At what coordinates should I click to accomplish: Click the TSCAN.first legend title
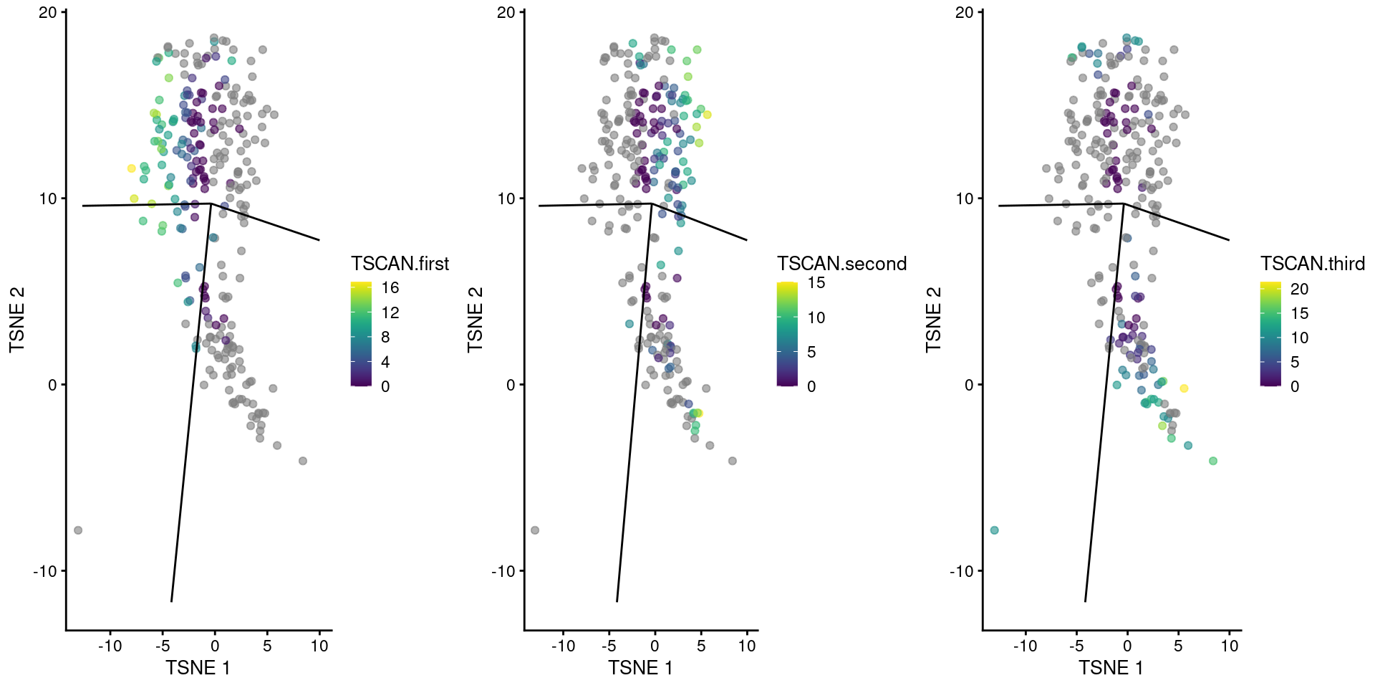click(x=400, y=264)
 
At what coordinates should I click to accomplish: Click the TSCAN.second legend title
click(x=841, y=264)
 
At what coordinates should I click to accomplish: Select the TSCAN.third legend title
click(x=1312, y=264)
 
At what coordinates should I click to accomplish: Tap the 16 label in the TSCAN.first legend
click(x=390, y=288)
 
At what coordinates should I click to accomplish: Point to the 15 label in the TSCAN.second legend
click(x=816, y=283)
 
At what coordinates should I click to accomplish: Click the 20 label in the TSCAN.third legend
click(x=1299, y=289)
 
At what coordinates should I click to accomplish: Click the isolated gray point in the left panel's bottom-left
click(x=78, y=530)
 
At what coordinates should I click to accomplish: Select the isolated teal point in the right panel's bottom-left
click(x=994, y=530)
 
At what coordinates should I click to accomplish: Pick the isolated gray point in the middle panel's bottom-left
click(x=535, y=530)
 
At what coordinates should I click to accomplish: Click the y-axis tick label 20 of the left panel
click(x=48, y=13)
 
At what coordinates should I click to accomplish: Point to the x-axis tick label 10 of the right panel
click(x=1229, y=646)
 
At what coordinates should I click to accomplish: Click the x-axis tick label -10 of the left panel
click(x=110, y=646)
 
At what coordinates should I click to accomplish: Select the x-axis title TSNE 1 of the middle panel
click(x=640, y=668)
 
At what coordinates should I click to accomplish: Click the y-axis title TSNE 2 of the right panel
click(x=933, y=320)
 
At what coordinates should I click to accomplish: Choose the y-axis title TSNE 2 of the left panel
click(x=17, y=320)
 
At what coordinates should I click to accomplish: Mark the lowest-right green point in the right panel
click(x=1212, y=461)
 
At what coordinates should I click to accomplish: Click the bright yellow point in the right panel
click(x=1184, y=388)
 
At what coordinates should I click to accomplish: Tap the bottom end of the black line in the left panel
click(x=172, y=601)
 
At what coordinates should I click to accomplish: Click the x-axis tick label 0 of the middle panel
click(x=655, y=646)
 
